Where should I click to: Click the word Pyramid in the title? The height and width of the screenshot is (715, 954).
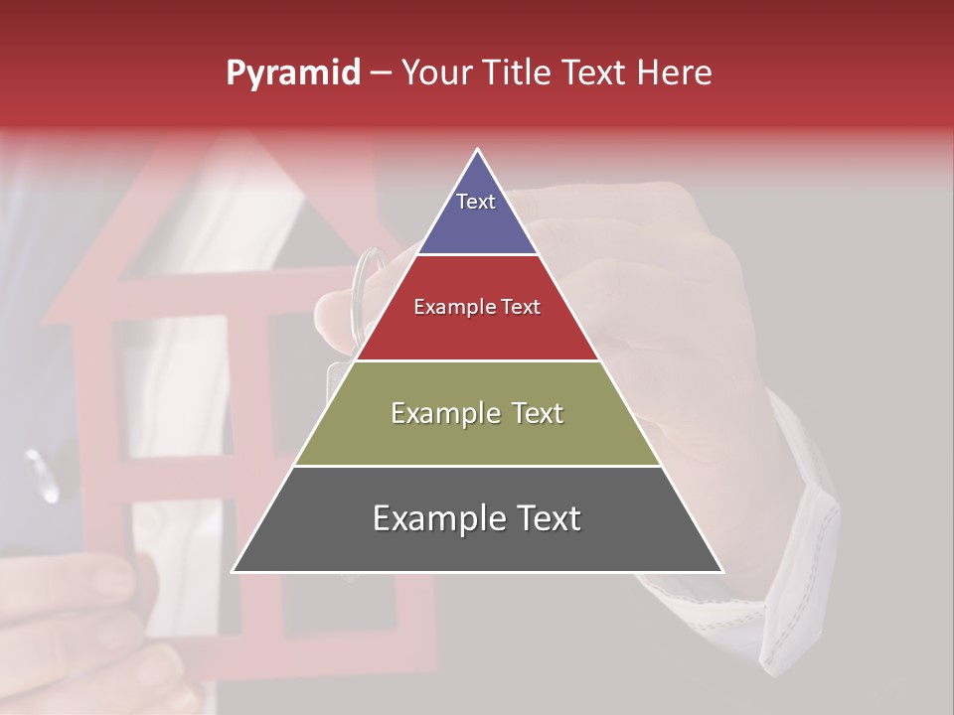pos(293,73)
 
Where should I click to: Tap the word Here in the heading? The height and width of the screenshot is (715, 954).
pos(674,72)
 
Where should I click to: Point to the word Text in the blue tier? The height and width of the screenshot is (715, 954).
pos(475,202)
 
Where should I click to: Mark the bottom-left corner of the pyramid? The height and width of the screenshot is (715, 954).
pos(234,571)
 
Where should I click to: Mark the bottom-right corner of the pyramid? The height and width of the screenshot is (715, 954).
pos(722,571)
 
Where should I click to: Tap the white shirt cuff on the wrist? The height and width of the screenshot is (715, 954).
pos(805,536)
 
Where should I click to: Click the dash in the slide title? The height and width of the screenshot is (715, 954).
pos(380,73)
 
